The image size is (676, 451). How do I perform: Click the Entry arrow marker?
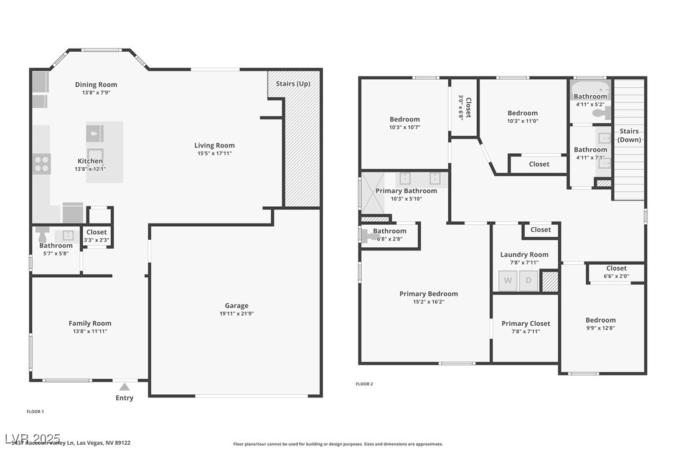124,387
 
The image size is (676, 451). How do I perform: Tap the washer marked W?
508,281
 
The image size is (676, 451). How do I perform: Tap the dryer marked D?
528,281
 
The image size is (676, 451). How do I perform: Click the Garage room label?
237,305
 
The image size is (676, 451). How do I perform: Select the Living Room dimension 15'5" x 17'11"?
214,153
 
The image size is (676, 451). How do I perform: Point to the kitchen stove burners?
42,164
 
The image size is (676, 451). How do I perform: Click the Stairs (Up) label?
293,83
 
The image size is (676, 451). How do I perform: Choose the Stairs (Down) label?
629,135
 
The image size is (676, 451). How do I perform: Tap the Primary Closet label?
525,323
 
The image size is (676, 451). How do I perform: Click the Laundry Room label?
524,254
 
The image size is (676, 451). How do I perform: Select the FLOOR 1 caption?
35,411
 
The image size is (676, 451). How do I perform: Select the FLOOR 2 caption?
364,384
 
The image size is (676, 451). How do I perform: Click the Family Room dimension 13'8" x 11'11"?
90,331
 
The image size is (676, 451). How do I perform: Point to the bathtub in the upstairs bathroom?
590,91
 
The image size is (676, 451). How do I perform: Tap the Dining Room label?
96,85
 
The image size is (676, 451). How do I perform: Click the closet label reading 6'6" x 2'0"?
616,276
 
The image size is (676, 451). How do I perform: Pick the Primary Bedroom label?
428,293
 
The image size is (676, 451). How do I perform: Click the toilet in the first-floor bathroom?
42,235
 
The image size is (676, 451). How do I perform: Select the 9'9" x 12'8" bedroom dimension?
600,328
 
